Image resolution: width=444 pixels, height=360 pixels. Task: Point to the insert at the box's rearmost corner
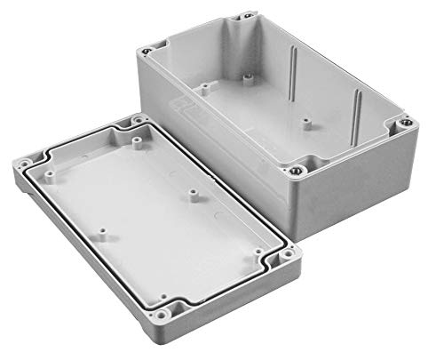pyautogui.click(x=243, y=17)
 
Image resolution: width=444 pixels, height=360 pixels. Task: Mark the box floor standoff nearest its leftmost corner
pyautogui.click(x=203, y=88)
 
